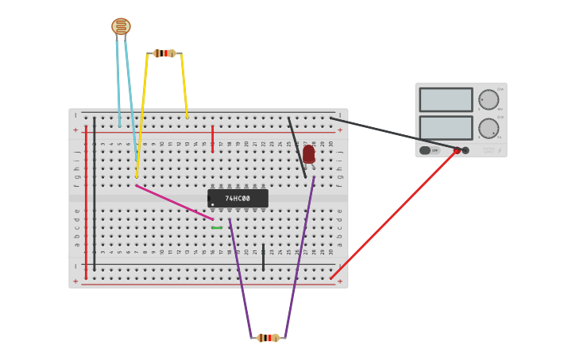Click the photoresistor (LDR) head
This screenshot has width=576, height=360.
pos(121,26)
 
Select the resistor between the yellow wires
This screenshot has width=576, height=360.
pos(164,53)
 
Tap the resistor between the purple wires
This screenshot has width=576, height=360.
pos(268,338)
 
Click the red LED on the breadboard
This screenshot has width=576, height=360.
pos(308,153)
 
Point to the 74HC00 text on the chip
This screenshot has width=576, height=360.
pos(238,199)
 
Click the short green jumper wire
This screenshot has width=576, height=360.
pos(217,227)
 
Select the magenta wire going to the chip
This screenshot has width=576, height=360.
pos(174,203)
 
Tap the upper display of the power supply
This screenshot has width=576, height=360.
pos(446,100)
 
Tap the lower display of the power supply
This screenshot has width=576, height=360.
pos(446,127)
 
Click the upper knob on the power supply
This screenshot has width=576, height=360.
pos(489,100)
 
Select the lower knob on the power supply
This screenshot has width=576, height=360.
pos(489,128)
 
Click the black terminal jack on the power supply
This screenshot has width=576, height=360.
pos(466,150)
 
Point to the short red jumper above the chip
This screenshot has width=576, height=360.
pos(212,138)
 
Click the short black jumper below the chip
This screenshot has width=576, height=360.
pos(263,257)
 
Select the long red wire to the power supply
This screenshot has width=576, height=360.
pos(393,215)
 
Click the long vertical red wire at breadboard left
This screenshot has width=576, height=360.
pos(86,199)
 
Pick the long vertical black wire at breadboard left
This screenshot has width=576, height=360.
pos(94,191)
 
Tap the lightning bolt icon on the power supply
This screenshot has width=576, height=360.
pos(500,150)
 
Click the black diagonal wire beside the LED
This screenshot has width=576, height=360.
pos(296,147)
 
